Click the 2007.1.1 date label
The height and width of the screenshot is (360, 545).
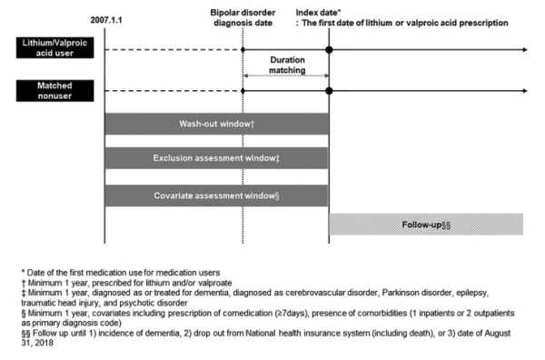(x=106, y=20)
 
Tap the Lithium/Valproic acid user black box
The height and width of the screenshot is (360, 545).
(x=54, y=47)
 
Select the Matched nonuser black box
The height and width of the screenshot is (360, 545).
(x=54, y=90)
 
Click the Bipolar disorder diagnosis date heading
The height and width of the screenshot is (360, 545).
(x=243, y=18)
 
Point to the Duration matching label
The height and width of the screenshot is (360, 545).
(x=287, y=65)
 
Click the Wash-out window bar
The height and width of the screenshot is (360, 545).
(x=216, y=124)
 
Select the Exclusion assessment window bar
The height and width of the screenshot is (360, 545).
(x=216, y=158)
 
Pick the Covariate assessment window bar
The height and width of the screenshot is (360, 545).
(x=216, y=195)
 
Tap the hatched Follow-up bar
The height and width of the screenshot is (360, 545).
(x=426, y=225)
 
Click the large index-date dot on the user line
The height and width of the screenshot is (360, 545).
(x=329, y=50)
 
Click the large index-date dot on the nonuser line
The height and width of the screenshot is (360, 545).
(x=329, y=91)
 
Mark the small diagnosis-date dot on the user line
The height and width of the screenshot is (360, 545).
(x=243, y=50)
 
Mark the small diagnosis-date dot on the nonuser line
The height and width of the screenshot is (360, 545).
(x=243, y=91)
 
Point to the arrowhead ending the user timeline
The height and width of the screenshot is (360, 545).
(x=525, y=50)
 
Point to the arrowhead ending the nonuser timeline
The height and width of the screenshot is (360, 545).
(x=525, y=91)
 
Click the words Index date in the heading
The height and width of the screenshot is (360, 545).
(x=317, y=13)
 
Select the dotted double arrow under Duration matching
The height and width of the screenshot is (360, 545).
(x=286, y=75)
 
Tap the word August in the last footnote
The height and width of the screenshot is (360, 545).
(x=498, y=334)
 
